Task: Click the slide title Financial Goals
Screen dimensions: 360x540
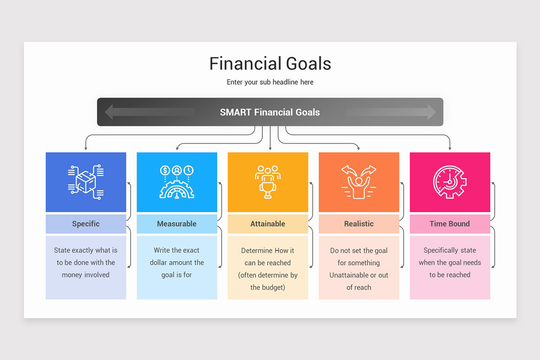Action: click(x=270, y=63)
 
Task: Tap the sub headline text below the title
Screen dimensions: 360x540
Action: click(x=270, y=82)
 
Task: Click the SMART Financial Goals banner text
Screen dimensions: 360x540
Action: click(x=270, y=112)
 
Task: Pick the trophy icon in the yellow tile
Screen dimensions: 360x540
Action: click(x=268, y=182)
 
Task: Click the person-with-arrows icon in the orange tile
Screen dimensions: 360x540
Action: click(x=359, y=182)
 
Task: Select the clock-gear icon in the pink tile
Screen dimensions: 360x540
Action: click(x=450, y=182)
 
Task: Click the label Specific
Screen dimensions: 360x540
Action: click(x=85, y=224)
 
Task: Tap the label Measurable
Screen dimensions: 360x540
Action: click(x=177, y=224)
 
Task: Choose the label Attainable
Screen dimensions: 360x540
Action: click(x=268, y=224)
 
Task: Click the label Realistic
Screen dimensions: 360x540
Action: click(x=359, y=224)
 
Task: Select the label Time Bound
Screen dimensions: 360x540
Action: click(x=450, y=224)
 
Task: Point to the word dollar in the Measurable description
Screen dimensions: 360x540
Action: click(x=160, y=262)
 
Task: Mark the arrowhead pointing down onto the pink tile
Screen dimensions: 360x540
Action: click(x=450, y=148)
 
